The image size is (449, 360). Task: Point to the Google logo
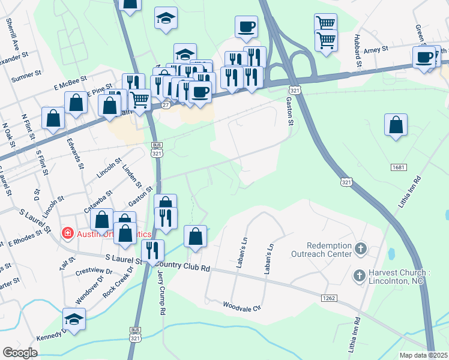point(20,353)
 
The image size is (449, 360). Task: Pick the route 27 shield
point(166,104)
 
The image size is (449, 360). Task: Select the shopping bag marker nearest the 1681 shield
point(396,127)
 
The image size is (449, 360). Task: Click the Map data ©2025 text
point(423,355)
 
